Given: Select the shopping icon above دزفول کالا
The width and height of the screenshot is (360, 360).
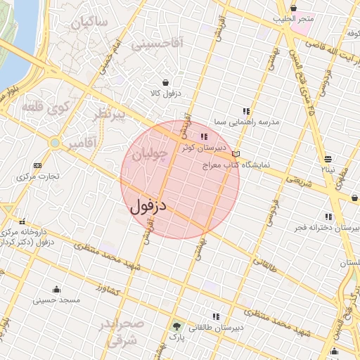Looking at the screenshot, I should [x=165, y=82].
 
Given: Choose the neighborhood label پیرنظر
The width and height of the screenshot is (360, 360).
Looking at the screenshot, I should [x=110, y=114].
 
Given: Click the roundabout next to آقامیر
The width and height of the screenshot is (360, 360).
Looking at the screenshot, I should [x=55, y=143].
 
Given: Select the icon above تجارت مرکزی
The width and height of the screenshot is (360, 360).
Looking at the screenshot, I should [x=37, y=166].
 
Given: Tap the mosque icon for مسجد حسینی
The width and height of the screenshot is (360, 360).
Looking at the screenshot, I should [x=56, y=289].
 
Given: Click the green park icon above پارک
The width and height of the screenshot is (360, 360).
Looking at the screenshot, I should [x=176, y=326].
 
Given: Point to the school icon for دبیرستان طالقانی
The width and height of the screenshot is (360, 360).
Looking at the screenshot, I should [x=215, y=316].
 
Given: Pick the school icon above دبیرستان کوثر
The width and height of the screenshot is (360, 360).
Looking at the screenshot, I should [x=204, y=137].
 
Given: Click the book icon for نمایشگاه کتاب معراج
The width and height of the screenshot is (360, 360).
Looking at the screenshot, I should [x=236, y=154].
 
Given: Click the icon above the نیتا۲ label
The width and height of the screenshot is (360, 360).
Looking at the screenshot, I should [x=328, y=159].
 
